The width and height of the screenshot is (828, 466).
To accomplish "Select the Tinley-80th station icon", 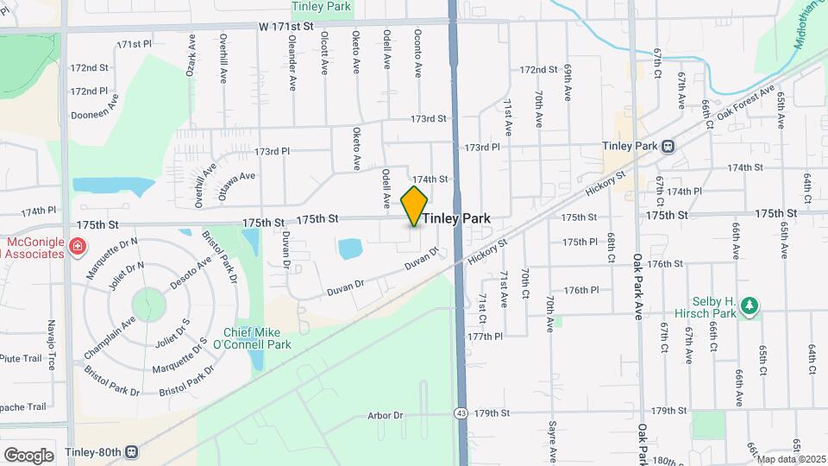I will tap(132, 451).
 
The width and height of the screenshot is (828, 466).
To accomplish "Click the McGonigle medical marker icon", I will tap(77, 247).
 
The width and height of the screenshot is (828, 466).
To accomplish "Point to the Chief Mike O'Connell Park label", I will tap(257, 338).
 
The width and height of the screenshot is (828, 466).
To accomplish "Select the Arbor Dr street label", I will tap(386, 416).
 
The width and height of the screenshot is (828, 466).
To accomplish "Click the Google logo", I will tap(28, 455).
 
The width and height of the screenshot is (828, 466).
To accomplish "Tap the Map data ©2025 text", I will tap(791, 459).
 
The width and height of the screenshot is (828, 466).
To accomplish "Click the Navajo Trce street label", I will tap(51, 344).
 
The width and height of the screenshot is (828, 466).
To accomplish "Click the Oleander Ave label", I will tap(293, 64).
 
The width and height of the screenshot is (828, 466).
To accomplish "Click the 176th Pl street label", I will tap(580, 291).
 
